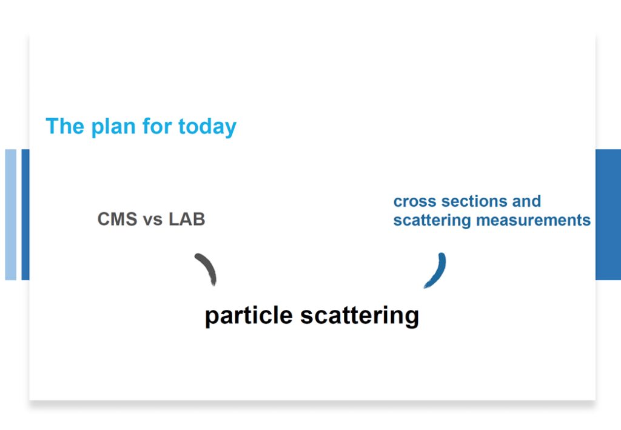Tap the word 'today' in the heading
pyautogui.click(x=207, y=127)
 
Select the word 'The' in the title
pyautogui.click(x=65, y=126)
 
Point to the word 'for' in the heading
pyautogui.click(x=157, y=126)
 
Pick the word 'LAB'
pyautogui.click(x=187, y=219)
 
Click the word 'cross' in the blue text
pyautogui.click(x=415, y=201)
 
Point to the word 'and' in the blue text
pyautogui.click(x=526, y=201)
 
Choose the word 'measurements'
pyautogui.click(x=533, y=220)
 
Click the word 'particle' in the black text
pyautogui.click(x=249, y=317)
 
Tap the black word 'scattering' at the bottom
pyautogui.click(x=360, y=317)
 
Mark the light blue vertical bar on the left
pyautogui.click(x=11, y=215)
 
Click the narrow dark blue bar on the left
pyautogui.click(x=25, y=215)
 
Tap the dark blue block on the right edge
pyautogui.click(x=608, y=215)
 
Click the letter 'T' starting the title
pyautogui.click(x=52, y=126)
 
